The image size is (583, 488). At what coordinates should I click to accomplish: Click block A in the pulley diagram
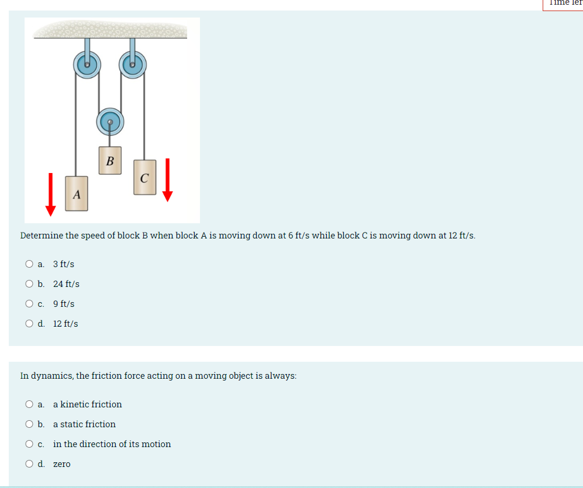pos(76,193)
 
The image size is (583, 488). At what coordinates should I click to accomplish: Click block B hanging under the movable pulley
pos(110,160)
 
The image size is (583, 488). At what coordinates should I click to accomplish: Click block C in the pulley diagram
pos(144,176)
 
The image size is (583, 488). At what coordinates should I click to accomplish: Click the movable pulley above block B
pos(109,122)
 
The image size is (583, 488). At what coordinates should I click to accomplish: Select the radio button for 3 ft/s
pos(29,264)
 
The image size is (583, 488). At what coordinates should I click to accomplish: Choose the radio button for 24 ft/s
pos(29,284)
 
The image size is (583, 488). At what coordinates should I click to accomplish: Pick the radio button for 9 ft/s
pos(29,304)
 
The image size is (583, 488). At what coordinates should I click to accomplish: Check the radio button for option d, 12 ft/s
pos(29,324)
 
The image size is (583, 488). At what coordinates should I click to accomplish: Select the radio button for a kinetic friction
pos(29,404)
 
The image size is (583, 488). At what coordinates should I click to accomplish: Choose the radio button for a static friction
pos(29,424)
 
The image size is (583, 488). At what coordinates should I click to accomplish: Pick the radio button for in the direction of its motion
pos(29,444)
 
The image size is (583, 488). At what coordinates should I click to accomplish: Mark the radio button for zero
pos(29,464)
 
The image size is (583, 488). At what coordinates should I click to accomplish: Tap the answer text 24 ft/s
pos(66,284)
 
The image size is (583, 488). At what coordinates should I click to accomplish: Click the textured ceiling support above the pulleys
pos(111,29)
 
